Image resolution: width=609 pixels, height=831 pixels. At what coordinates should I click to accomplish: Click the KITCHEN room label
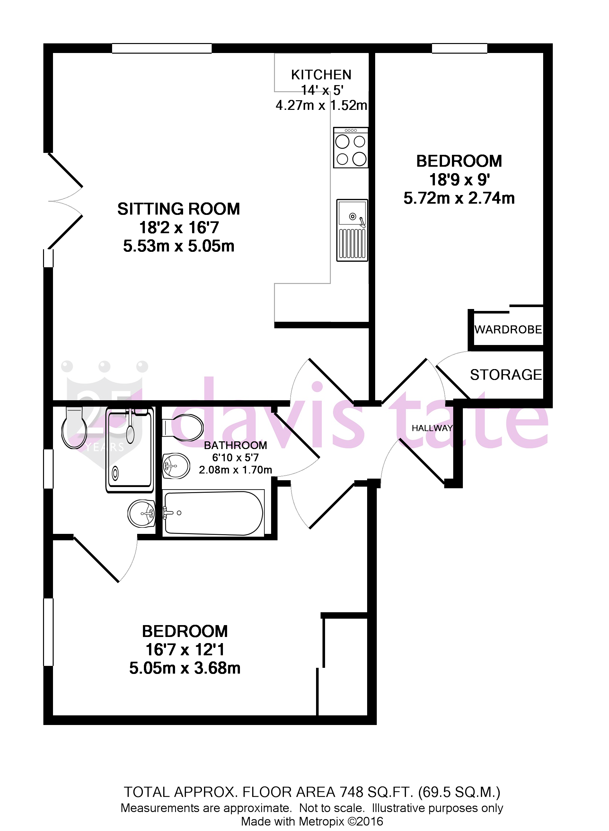[321, 75]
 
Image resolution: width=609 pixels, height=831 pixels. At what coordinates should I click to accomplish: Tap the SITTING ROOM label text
[178, 209]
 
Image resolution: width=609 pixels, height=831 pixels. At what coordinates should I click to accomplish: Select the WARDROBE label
[508, 330]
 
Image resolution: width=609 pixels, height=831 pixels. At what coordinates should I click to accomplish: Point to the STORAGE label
[506, 375]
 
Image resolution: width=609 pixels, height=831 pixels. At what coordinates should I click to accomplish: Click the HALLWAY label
[432, 428]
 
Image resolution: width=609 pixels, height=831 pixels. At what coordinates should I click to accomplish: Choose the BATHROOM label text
[235, 445]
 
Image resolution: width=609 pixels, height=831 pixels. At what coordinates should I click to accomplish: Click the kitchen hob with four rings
[350, 148]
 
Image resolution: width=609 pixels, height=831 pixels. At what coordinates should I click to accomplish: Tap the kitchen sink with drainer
[352, 230]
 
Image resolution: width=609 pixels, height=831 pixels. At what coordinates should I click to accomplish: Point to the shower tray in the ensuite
[130, 450]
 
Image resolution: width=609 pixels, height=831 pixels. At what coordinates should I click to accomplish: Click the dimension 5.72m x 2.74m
[459, 198]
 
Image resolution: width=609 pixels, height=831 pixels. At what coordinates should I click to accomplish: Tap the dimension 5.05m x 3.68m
[185, 668]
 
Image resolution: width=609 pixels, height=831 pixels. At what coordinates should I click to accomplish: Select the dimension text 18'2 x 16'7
[179, 228]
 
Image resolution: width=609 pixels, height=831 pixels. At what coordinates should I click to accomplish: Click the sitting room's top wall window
[162, 48]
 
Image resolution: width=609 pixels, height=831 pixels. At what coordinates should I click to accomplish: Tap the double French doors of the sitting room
[65, 201]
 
